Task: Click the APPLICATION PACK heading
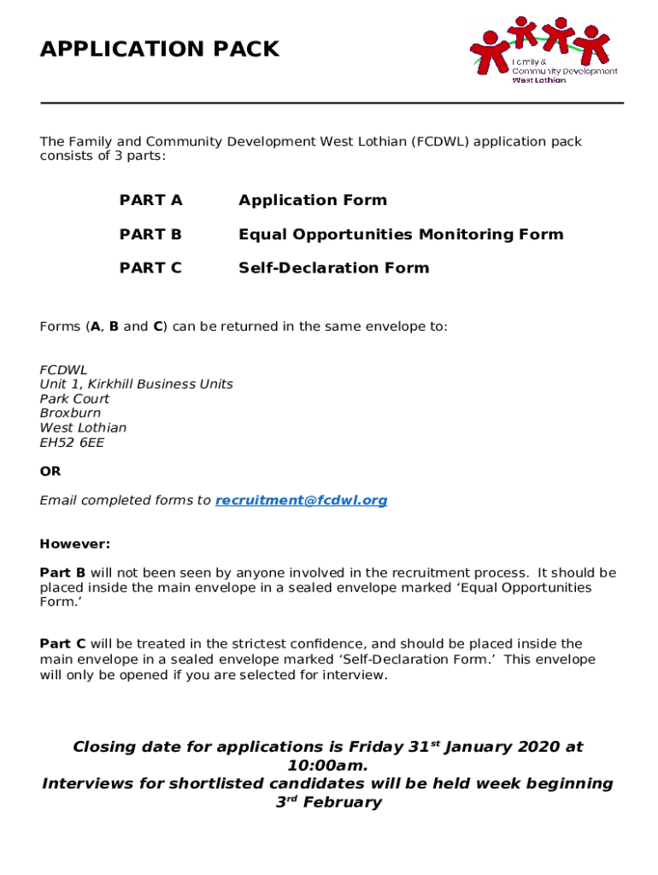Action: (160, 50)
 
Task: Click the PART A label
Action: (150, 201)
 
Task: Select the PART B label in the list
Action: (150, 234)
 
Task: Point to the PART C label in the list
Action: (150, 268)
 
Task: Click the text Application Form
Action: (312, 201)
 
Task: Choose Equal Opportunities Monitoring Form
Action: (401, 234)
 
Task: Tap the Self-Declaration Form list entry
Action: (333, 268)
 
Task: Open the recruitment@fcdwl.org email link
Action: (301, 501)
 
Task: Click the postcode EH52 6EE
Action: (72, 443)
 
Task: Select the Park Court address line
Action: (74, 399)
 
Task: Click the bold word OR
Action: (50, 472)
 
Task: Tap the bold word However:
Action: (75, 544)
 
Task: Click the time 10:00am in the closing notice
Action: (328, 766)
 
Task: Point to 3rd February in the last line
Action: (328, 802)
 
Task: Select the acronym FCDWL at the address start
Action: (63, 370)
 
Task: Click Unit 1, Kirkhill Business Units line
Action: (136, 385)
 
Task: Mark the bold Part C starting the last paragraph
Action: (62, 644)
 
